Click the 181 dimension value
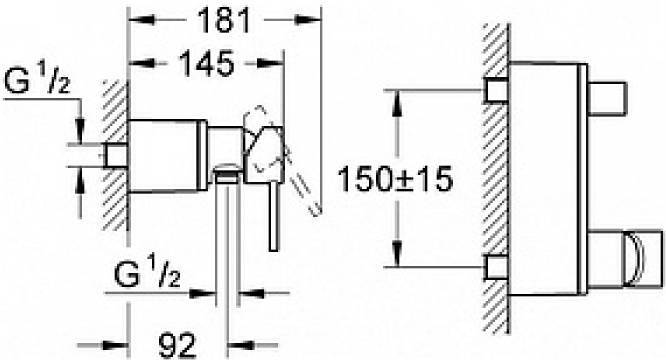click(225, 20)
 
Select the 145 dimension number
click(207, 63)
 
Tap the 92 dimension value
click(178, 345)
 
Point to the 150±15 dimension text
click(395, 179)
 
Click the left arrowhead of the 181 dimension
click(141, 20)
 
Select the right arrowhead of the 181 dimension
click(308, 20)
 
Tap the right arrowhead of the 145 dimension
click(271, 63)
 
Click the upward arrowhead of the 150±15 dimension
click(397, 103)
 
